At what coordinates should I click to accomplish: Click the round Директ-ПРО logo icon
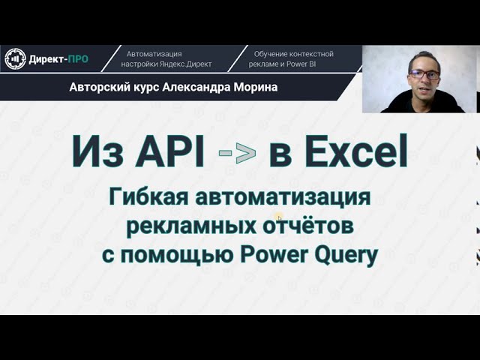[x=15, y=58]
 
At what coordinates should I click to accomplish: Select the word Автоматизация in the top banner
[x=154, y=54]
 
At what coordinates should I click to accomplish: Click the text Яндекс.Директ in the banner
[x=185, y=64]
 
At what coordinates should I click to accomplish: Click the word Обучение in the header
[x=271, y=54]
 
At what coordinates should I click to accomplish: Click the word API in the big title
[x=170, y=151]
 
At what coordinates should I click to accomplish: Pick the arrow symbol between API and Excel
[x=237, y=152]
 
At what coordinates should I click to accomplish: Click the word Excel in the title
[x=338, y=151]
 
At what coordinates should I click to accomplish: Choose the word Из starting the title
[x=97, y=151]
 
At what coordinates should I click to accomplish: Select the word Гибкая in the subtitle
[x=148, y=197]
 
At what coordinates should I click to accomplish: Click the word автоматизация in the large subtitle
[x=283, y=198]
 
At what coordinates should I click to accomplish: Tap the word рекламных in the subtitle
[x=191, y=226]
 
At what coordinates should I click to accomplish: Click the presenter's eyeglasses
[x=424, y=74]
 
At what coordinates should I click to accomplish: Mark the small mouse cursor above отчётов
[x=279, y=218]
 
